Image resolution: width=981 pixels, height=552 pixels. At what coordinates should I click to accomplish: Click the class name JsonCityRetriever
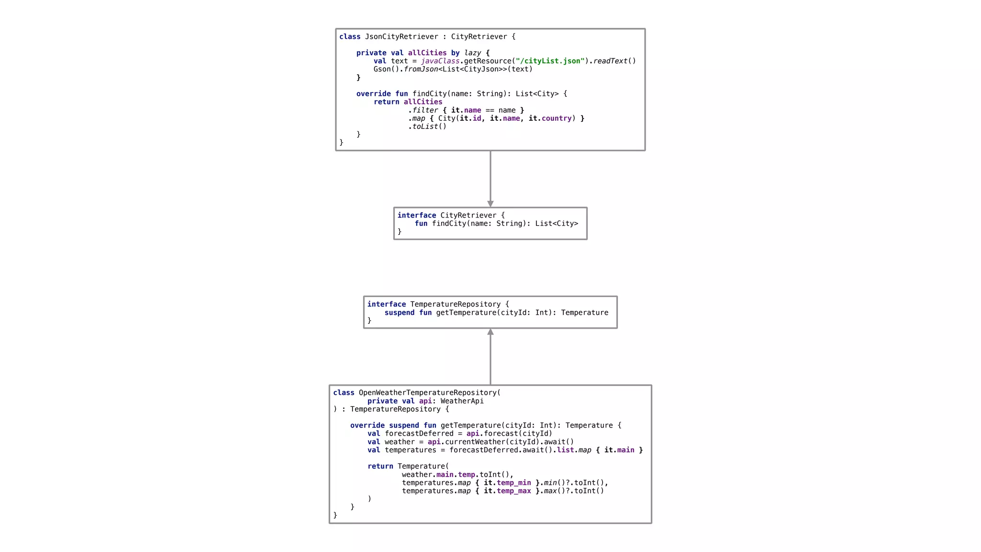coord(401,37)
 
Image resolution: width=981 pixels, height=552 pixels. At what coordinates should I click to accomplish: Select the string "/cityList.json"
coord(550,61)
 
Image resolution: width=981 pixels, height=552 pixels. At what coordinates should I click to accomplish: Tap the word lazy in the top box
coord(472,53)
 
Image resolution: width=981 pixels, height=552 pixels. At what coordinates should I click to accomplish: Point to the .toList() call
coord(427,126)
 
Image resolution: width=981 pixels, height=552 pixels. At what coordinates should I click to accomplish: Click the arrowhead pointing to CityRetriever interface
coord(490,204)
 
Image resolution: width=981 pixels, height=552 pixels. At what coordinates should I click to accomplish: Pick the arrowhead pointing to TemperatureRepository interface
coord(490,332)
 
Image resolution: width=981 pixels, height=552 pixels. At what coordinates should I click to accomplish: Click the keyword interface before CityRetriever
coord(417,216)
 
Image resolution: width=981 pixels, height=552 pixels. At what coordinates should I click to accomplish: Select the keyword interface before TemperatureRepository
coord(387,304)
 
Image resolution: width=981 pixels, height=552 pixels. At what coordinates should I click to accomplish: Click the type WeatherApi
coord(462,401)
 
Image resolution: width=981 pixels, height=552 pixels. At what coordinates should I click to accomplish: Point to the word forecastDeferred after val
coord(419,434)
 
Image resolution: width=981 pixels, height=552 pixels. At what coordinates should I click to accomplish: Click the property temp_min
coord(514,483)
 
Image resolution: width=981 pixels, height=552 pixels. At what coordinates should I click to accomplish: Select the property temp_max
coord(514,491)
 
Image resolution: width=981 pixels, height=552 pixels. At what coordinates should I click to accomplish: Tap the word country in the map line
coord(557,118)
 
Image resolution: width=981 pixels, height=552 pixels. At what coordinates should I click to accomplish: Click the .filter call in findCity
coord(423,110)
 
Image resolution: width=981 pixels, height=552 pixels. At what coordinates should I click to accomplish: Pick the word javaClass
coord(440,61)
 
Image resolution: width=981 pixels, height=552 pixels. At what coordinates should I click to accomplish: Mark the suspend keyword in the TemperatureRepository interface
coord(399,312)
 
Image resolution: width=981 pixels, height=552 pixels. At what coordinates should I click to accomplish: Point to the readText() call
coord(615,61)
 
